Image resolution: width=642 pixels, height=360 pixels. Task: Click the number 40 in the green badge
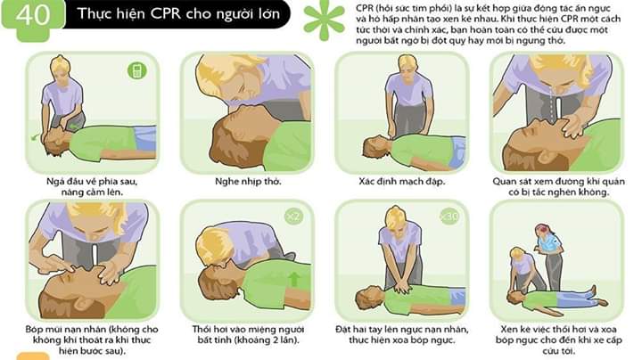32,14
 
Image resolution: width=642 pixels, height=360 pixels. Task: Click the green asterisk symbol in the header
324,20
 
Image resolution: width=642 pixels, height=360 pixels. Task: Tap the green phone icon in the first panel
137,70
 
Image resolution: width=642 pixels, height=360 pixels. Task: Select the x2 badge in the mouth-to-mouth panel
293,217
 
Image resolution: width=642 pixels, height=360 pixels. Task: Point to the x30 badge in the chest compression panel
449,217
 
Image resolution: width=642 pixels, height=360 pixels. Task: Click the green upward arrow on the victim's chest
293,280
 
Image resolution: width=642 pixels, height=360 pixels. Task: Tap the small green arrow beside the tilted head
35,137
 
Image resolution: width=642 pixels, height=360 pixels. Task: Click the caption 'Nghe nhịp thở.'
248,181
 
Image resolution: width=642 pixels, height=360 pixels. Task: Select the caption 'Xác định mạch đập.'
401,181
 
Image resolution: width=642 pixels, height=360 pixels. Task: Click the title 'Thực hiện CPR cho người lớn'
178,14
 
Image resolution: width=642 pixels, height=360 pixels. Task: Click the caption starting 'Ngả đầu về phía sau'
92,186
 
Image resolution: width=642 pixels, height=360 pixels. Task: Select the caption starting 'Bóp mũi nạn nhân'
92,340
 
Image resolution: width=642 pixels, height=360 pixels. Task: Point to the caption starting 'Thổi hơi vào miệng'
248,335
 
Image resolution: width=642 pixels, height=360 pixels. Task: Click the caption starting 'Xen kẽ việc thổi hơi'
558,340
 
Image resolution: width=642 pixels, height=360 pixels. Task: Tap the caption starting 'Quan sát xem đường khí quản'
558,186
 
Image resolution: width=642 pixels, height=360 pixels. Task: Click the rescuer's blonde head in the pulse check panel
407,65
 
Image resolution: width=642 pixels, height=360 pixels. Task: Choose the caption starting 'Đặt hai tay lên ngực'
401,335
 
